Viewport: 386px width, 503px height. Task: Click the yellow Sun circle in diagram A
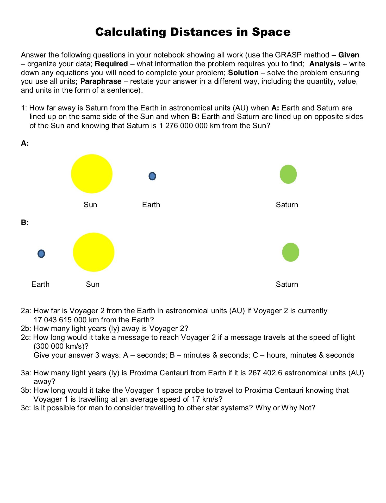coord(92,174)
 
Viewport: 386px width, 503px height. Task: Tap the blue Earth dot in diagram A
coord(152,176)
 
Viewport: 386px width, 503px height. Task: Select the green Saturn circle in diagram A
coord(288,174)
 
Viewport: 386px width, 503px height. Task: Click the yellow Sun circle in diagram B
coord(94,252)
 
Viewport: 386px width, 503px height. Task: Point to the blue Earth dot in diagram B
coord(41,253)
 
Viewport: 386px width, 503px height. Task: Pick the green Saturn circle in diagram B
coord(290,252)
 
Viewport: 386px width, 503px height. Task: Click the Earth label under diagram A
coord(151,205)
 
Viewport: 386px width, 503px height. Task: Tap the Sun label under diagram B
coord(92,284)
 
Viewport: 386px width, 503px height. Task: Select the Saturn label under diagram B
coord(287,284)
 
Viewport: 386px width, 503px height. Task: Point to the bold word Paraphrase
coord(101,81)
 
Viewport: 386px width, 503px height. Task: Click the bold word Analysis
coord(325,64)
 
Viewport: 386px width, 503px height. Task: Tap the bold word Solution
coord(243,73)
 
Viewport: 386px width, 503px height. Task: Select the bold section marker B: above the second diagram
coord(25,223)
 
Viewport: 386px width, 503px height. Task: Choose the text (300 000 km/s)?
coord(61,346)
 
